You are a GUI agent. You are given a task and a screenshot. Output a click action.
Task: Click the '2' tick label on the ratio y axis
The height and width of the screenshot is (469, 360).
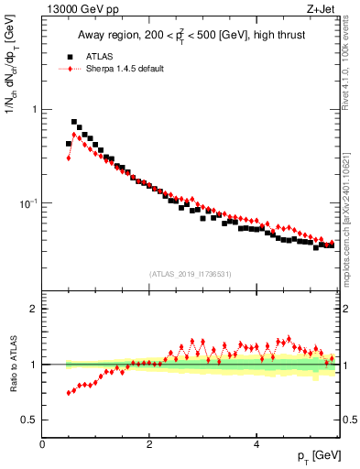(x=35, y=309)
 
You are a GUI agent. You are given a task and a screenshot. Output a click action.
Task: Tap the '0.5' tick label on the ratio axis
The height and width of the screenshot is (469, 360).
(x=31, y=420)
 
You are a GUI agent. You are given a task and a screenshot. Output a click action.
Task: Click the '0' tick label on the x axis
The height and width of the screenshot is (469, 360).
(x=42, y=444)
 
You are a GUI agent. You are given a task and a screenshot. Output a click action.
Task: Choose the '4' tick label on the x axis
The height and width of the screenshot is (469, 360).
(x=256, y=444)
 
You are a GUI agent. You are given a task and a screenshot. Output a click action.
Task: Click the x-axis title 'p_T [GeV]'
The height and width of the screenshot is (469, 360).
(x=316, y=455)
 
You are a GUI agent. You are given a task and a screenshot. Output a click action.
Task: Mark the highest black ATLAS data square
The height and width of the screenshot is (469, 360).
(x=74, y=121)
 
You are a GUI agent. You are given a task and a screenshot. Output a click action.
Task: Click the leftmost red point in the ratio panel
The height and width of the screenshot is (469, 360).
(x=69, y=393)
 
